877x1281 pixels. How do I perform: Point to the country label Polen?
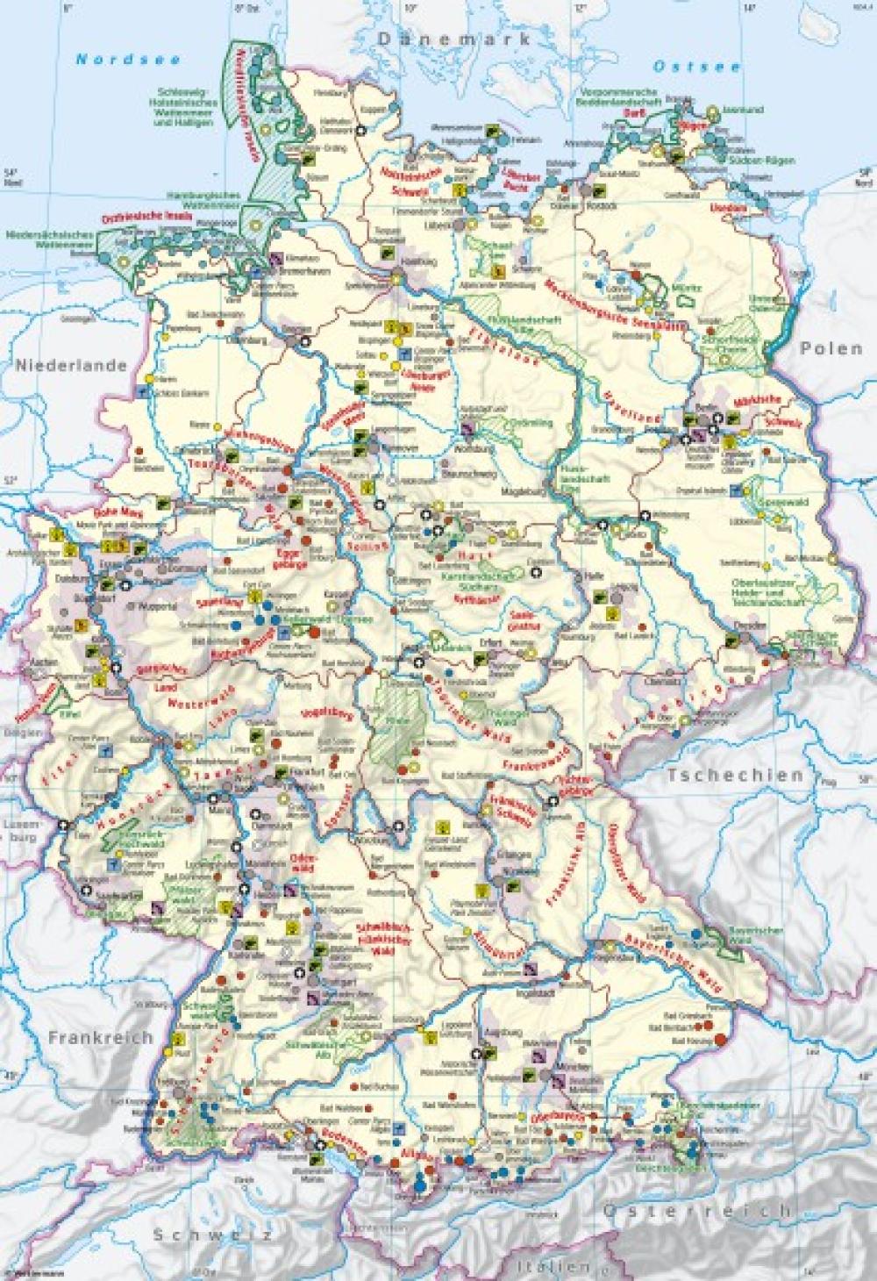[x=831, y=348]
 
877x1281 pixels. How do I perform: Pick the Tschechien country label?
[x=735, y=775]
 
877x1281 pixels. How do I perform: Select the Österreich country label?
[x=696, y=1211]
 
